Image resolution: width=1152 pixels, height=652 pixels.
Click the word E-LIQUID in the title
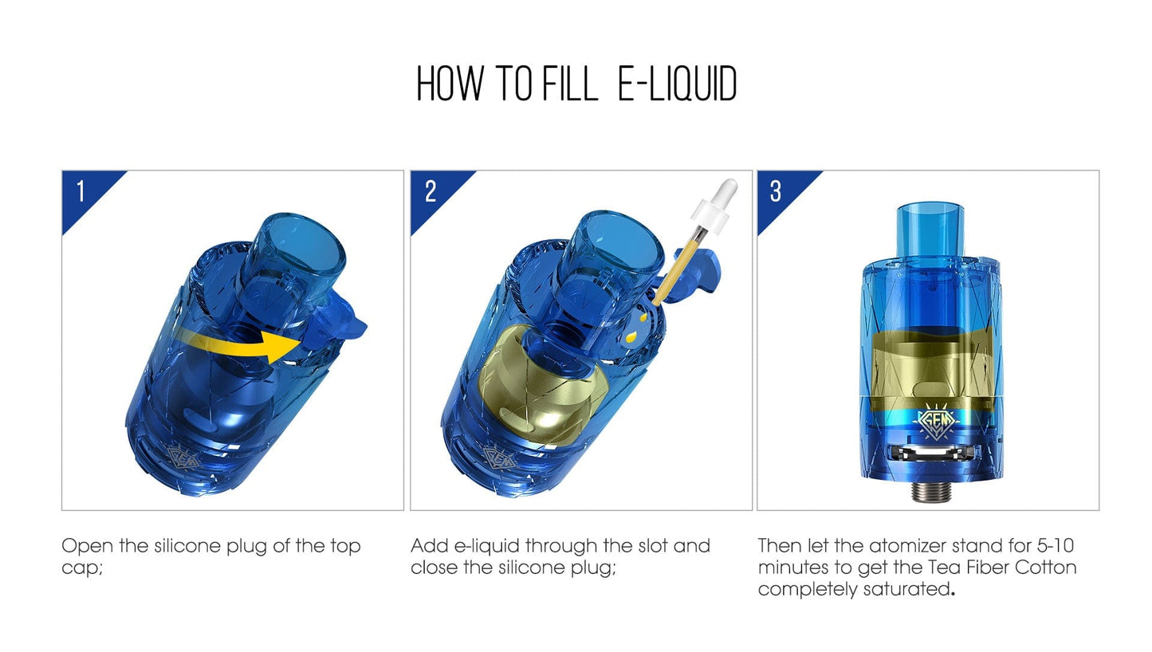pos(677,84)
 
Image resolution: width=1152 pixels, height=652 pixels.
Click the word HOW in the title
pos(450,84)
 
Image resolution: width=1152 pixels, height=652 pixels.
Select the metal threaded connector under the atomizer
pos(932,492)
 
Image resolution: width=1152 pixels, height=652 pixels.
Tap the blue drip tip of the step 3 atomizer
pos(930,230)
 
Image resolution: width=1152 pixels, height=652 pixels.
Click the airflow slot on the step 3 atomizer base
pos(933,454)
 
